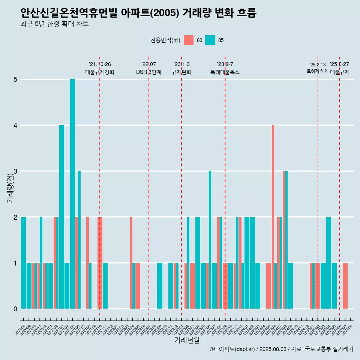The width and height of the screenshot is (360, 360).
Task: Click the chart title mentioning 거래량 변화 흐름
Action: pyautogui.click(x=138, y=13)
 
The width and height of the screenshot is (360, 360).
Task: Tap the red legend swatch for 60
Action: pyautogui.click(x=189, y=40)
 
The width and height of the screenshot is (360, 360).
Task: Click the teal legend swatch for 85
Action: pyautogui.click(x=210, y=40)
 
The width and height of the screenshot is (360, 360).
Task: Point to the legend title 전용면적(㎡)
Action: pyautogui.click(x=165, y=40)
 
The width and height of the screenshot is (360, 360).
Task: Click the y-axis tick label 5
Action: pyautogui.click(x=15, y=79)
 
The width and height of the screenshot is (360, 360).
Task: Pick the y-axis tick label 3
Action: pyautogui.click(x=15, y=171)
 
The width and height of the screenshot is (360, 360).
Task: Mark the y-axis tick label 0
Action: pyautogui.click(x=15, y=309)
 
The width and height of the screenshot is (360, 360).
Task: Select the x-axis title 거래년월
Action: pyautogui.click(x=187, y=340)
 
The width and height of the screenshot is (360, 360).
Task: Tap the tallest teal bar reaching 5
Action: pyautogui.click(x=72, y=194)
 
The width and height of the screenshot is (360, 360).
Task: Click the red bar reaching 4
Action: pyautogui.click(x=273, y=217)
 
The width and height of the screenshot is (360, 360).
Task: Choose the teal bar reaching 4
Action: pyautogui.click(x=61, y=217)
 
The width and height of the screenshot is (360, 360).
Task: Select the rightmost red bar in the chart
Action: pyautogui.click(x=345, y=286)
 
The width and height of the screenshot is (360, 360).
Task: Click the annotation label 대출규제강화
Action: pyautogui.click(x=100, y=72)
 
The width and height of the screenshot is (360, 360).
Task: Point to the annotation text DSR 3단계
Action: pyautogui.click(x=149, y=72)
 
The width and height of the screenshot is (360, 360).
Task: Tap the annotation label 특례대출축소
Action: pyautogui.click(x=225, y=72)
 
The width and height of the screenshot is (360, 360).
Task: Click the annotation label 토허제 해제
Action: pyautogui.click(x=318, y=71)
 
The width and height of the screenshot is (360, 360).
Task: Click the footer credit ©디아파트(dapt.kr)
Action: pyautogui.click(x=232, y=349)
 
